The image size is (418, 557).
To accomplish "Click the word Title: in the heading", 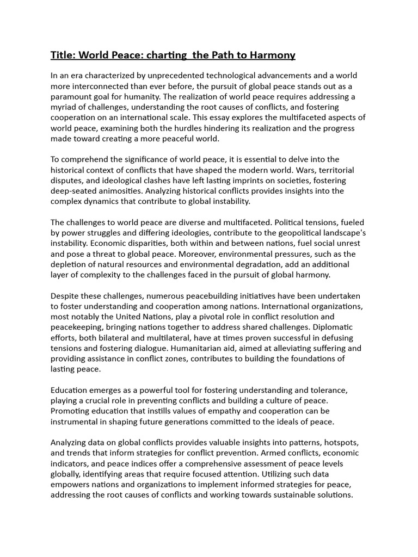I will (64, 55).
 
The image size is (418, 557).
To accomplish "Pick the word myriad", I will (66, 107).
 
